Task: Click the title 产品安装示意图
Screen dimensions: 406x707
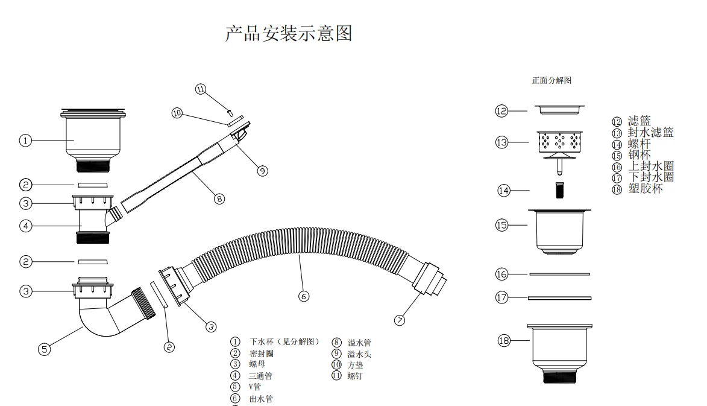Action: (288, 33)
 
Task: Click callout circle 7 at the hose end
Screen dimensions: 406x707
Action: (400, 320)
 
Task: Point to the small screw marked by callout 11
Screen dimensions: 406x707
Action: (230, 110)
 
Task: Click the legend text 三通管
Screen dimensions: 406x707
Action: (260, 376)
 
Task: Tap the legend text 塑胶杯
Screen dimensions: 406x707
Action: (645, 189)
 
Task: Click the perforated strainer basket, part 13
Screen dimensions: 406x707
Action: (560, 141)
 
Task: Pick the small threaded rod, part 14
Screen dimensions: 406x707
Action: (559, 189)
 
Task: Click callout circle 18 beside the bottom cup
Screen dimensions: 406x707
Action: (504, 341)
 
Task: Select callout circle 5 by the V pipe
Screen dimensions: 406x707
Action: (44, 349)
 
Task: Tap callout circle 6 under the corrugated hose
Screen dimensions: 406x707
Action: (304, 296)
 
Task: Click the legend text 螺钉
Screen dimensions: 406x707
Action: (355, 376)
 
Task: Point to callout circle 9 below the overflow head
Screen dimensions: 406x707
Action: (262, 171)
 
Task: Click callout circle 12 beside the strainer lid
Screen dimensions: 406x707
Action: (501, 110)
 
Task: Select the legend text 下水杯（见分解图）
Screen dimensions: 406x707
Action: (284, 342)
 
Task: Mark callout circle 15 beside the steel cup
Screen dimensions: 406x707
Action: (501, 225)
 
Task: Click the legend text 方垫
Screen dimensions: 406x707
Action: (355, 365)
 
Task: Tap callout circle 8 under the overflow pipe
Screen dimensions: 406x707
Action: (219, 198)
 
